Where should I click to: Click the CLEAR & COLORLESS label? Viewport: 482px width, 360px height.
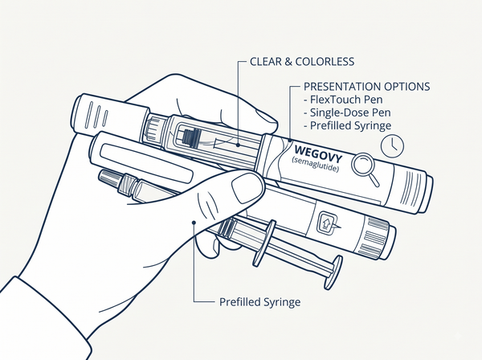coord(302,62)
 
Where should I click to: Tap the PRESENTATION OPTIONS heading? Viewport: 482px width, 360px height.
coord(367,87)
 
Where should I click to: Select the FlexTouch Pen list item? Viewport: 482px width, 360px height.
coord(343,100)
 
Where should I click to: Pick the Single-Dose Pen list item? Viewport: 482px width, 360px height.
coord(347,112)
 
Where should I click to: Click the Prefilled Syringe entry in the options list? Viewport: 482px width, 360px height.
coord(347,125)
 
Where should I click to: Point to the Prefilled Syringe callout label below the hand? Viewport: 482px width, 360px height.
coord(259,302)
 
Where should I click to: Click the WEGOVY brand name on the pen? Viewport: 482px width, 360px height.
coord(318,154)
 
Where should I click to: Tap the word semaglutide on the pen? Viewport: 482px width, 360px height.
coord(315,165)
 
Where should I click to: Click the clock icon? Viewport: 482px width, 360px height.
coord(392,146)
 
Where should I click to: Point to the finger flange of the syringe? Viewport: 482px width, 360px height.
coord(264,243)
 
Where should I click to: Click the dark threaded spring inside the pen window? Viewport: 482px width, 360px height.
coord(190,137)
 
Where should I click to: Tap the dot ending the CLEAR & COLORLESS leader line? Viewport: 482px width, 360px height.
coord(239,144)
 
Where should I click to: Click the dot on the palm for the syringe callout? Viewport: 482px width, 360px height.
coord(194,223)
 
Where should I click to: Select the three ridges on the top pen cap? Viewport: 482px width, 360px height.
coord(98,115)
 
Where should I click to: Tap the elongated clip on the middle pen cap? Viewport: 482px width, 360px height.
coord(147,162)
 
